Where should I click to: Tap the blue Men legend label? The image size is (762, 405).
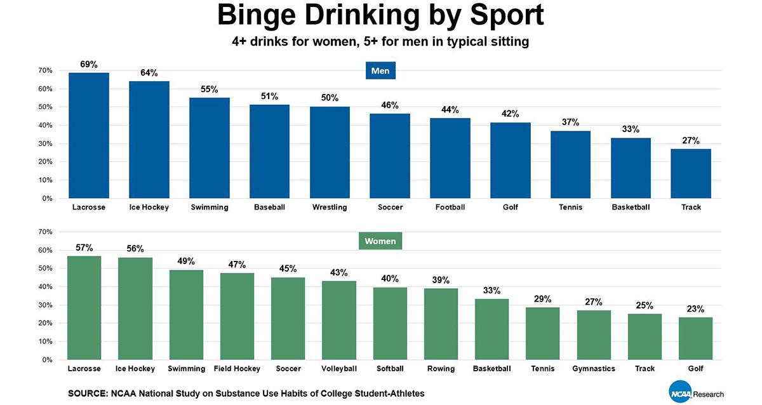pyautogui.click(x=380, y=71)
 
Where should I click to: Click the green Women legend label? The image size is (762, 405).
pyautogui.click(x=380, y=241)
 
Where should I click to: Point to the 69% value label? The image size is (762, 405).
pyautogui.click(x=88, y=64)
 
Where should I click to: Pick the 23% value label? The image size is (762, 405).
pyautogui.click(x=695, y=309)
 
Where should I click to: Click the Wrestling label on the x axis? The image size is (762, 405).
pyautogui.click(x=330, y=207)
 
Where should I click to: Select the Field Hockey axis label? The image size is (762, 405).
pyautogui.click(x=237, y=368)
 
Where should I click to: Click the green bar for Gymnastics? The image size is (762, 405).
pyautogui.click(x=594, y=335)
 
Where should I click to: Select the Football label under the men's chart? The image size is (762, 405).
pyautogui.click(x=450, y=207)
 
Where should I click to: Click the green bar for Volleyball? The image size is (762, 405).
pyautogui.click(x=338, y=320)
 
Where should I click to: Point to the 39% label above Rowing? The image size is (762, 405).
pyautogui.click(x=441, y=280)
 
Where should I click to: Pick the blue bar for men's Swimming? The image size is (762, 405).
pyautogui.click(x=210, y=148)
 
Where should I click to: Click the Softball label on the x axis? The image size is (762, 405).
pyautogui.click(x=390, y=368)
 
